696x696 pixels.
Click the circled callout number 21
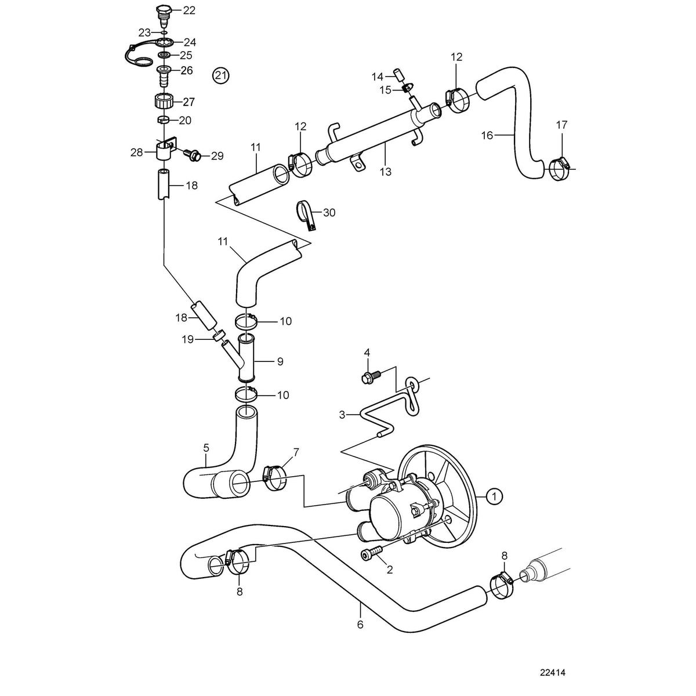(x=221, y=75)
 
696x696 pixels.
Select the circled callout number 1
(x=494, y=496)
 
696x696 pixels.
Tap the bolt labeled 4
(x=371, y=378)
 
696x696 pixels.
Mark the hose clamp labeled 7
(x=274, y=476)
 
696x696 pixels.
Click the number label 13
(x=385, y=172)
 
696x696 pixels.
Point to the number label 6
(x=360, y=625)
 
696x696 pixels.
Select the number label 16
(x=487, y=135)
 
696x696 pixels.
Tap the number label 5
(x=205, y=448)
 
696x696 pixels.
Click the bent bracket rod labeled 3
(x=377, y=418)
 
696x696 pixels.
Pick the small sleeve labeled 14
(x=398, y=74)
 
